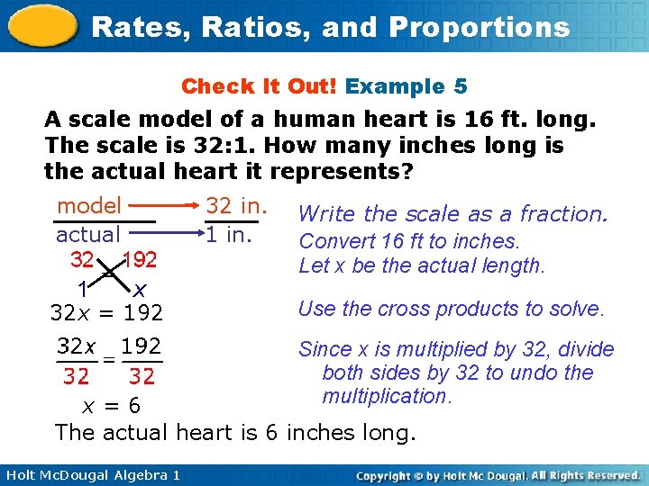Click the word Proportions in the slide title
(x=489, y=27)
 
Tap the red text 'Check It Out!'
(x=260, y=86)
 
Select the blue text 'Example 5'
(x=407, y=86)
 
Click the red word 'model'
(x=88, y=206)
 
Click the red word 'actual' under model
(x=88, y=235)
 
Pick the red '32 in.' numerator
(x=238, y=206)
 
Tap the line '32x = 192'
(x=106, y=313)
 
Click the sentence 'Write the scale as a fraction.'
(x=452, y=214)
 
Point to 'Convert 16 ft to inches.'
(x=409, y=241)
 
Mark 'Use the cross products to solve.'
(x=451, y=309)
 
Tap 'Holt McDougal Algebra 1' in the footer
(x=90, y=474)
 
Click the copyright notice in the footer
(x=498, y=474)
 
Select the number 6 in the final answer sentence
(x=270, y=433)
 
